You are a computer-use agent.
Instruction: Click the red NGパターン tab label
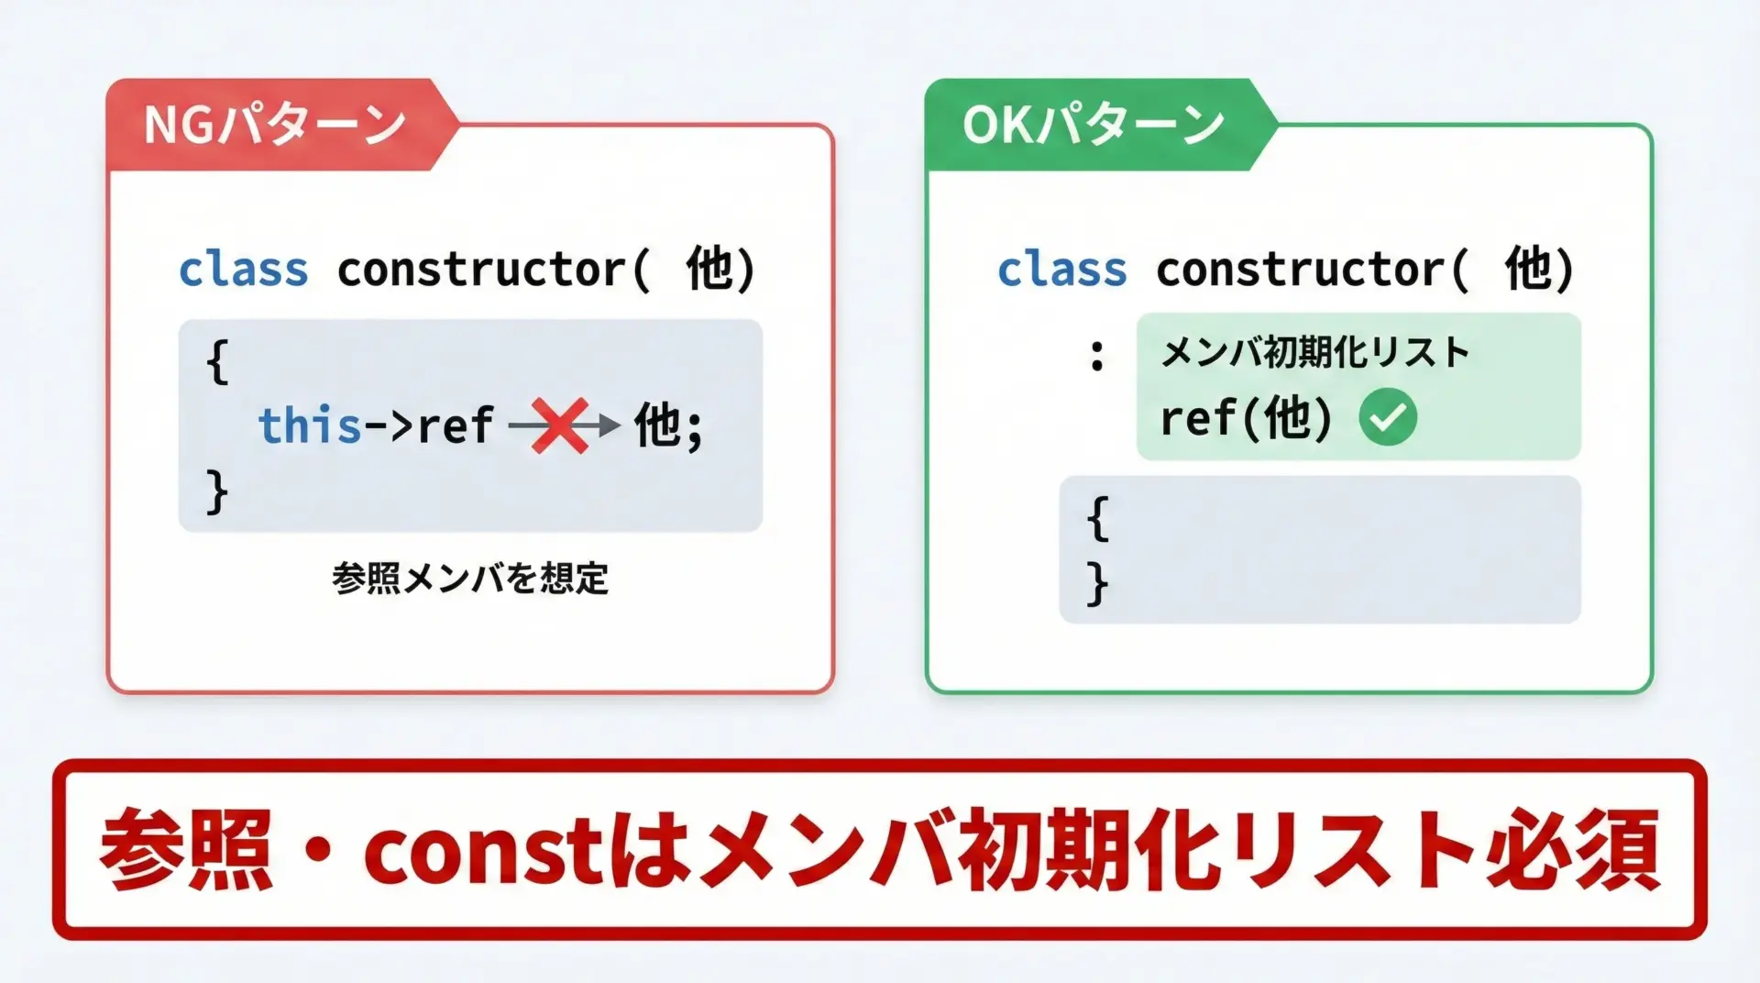tap(274, 125)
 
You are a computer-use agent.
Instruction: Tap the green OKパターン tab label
tap(1093, 125)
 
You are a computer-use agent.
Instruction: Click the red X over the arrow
tap(560, 425)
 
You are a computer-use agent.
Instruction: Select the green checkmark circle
tap(1388, 417)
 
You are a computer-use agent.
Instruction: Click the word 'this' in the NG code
tap(310, 425)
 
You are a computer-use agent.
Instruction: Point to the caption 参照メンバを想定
tap(470, 579)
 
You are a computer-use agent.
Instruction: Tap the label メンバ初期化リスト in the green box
tap(1315, 352)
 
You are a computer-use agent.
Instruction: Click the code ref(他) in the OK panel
tap(1247, 418)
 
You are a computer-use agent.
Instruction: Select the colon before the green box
tap(1096, 355)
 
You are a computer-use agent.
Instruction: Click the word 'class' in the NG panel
tap(244, 270)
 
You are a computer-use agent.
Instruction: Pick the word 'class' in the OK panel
tap(1062, 270)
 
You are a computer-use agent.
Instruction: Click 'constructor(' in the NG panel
tap(494, 270)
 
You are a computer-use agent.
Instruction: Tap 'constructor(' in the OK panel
tap(1313, 270)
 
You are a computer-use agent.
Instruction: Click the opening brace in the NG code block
tap(217, 361)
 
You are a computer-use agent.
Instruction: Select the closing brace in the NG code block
tap(217, 492)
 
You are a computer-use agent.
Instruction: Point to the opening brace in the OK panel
tap(1097, 519)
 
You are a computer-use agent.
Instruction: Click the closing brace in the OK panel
tap(1097, 583)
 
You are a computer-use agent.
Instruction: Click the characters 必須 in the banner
tap(1573, 850)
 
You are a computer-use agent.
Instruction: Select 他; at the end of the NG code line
tap(669, 425)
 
